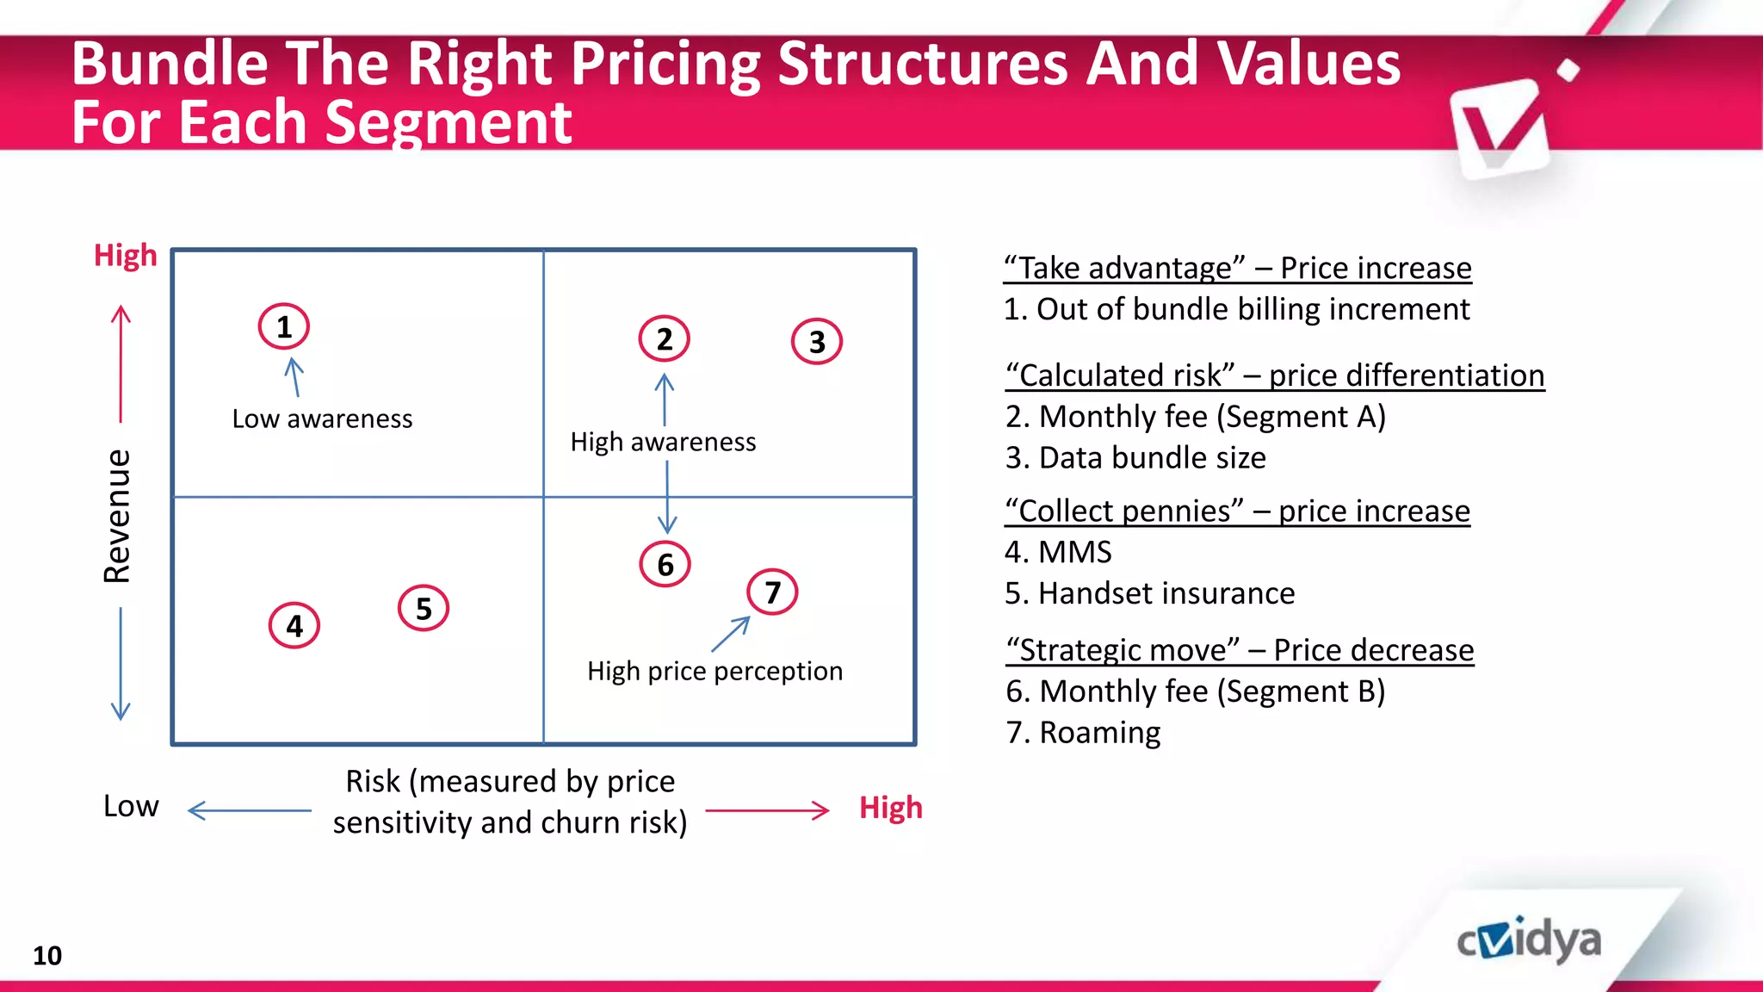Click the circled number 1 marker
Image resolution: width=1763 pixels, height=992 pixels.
283,326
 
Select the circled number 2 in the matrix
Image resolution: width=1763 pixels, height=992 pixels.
664,338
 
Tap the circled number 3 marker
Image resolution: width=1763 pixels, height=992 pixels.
816,342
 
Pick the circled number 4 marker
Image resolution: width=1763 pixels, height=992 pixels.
294,625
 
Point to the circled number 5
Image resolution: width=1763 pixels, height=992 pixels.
424,608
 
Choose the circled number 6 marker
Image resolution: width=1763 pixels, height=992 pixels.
665,564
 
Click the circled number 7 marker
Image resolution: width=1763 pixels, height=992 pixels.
772,592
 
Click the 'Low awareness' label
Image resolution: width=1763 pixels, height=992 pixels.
322,418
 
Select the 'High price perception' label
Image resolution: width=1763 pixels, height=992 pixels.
714,671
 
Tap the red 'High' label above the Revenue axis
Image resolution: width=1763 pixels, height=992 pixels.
126,256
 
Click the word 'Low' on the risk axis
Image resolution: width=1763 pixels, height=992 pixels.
131,806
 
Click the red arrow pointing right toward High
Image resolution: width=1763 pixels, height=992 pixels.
767,810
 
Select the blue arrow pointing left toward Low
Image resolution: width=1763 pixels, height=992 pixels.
250,810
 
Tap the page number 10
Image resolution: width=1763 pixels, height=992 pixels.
47,955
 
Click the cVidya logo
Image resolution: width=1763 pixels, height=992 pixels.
1529,939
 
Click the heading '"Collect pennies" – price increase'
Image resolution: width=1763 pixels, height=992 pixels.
1237,511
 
